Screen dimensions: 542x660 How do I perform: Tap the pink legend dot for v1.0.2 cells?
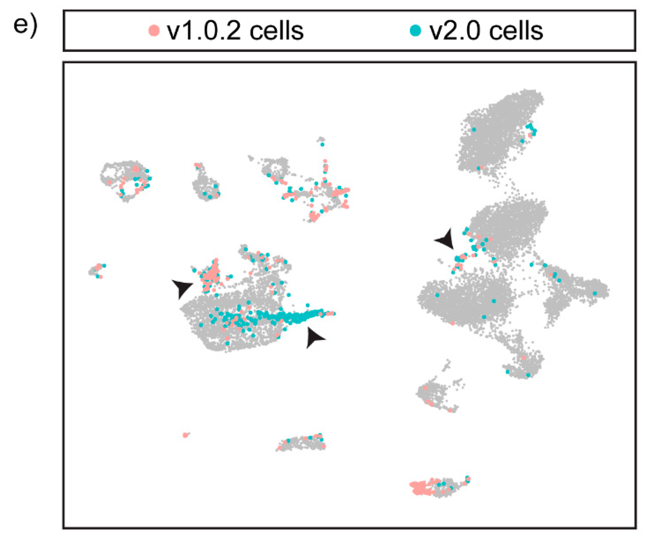coord(154,31)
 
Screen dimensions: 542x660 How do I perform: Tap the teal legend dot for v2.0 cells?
coord(415,31)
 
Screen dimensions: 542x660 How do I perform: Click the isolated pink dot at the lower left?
coord(185,435)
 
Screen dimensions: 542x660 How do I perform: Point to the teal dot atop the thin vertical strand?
coord(322,144)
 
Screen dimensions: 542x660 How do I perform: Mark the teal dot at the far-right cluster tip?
coord(595,293)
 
